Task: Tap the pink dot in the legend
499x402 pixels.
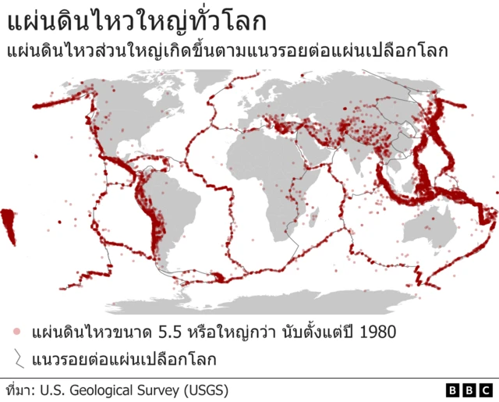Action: coord(16,332)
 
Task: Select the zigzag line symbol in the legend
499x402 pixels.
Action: coord(17,359)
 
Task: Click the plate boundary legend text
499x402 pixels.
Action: coord(124,360)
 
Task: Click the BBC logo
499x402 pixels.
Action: coord(469,389)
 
